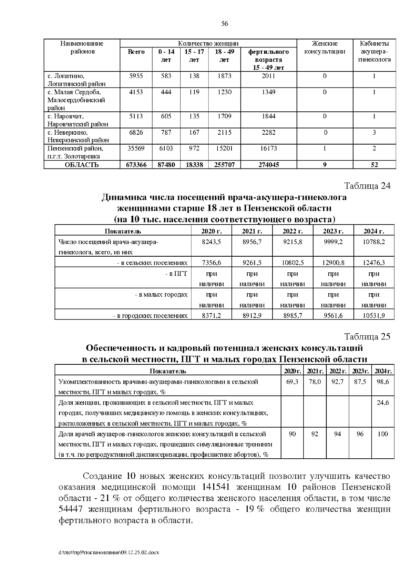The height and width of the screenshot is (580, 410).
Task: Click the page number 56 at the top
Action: click(x=224, y=24)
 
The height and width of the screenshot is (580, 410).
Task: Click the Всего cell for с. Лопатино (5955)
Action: click(x=136, y=76)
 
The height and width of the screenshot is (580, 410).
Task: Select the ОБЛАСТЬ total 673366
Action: click(x=136, y=165)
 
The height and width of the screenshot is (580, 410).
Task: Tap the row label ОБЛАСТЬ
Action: click(x=82, y=165)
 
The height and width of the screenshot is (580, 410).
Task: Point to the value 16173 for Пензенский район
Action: click(x=268, y=148)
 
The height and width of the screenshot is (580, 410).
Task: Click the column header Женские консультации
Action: click(x=325, y=48)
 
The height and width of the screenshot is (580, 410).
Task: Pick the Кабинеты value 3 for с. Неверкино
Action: click(x=374, y=132)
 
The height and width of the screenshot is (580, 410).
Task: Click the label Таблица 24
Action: click(x=367, y=186)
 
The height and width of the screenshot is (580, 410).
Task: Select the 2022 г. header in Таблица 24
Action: click(x=292, y=231)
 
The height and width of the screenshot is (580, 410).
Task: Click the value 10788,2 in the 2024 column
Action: click(x=374, y=242)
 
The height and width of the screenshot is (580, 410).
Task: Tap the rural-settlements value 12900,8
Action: click(x=333, y=263)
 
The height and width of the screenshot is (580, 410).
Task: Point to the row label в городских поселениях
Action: click(x=150, y=316)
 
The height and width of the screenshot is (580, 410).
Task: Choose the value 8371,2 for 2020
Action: click(x=211, y=316)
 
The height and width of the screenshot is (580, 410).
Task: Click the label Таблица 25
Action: click(x=367, y=337)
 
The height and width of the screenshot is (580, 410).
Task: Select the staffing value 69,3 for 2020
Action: click(x=292, y=382)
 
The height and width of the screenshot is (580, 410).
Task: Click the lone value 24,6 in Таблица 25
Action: click(x=383, y=403)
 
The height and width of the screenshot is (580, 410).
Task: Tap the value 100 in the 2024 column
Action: click(x=383, y=434)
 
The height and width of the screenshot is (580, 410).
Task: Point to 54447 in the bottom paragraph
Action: click(x=71, y=509)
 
